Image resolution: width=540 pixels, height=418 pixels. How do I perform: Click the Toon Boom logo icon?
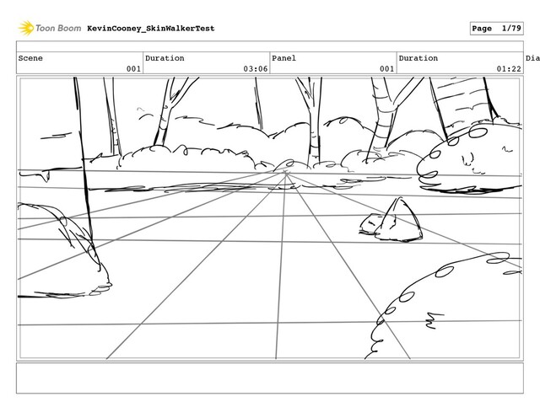pos(26,28)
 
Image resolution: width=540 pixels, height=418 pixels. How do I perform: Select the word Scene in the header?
pos(31,58)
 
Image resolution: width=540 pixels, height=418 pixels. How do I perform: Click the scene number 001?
pos(132,68)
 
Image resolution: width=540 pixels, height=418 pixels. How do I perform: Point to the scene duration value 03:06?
pos(256,68)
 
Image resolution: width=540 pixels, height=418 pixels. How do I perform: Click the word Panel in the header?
pos(284,58)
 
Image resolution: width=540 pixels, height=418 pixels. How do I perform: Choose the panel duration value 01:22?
pos(508,68)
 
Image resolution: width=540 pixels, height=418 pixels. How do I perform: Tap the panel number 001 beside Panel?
pos(386,68)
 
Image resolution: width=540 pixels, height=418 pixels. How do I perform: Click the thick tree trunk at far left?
pos(85,169)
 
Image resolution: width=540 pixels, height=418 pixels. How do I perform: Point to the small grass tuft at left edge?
pos(51,223)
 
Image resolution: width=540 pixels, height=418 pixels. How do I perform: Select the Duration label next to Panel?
pos(418,58)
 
